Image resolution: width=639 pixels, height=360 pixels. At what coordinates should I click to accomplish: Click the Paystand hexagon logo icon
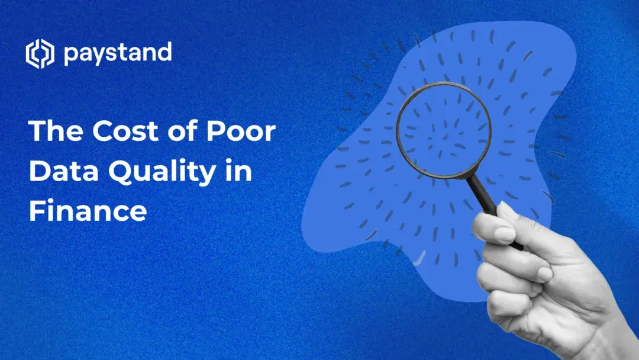[40, 54]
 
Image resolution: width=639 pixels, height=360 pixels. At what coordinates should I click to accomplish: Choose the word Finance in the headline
[88, 211]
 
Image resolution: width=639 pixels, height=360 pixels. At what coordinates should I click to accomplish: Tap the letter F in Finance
[37, 211]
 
